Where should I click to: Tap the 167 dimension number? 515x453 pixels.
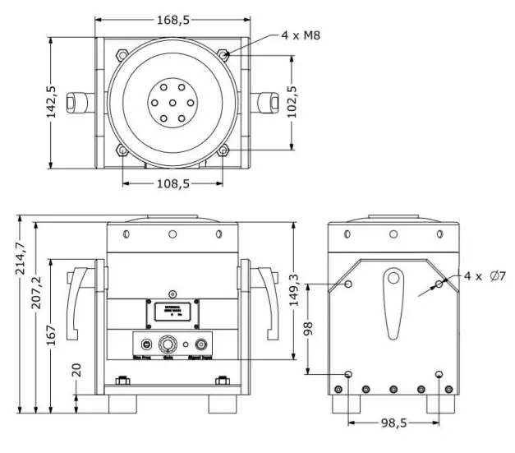(53, 335)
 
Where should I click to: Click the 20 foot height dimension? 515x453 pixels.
(77, 368)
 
